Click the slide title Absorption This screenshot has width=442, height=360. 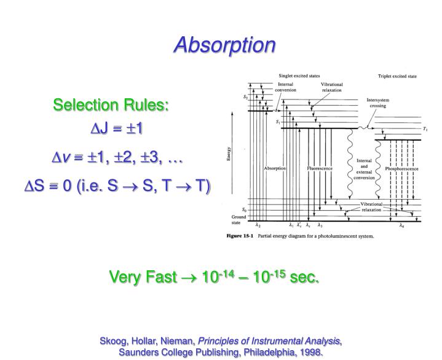pos(221,44)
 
